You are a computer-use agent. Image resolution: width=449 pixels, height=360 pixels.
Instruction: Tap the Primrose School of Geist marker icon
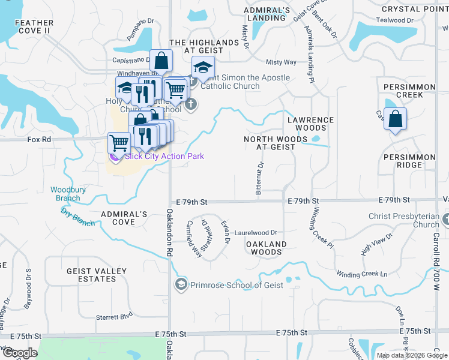(181, 284)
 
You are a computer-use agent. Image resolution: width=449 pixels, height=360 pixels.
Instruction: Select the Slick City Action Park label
(164, 156)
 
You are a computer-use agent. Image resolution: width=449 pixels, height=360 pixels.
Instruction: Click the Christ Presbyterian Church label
(405, 220)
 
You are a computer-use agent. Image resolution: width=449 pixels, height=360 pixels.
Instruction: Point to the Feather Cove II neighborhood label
(34, 26)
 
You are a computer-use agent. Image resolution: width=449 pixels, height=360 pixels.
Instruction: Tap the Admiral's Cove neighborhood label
(124, 218)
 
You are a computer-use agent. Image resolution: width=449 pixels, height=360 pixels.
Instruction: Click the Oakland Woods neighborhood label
(267, 248)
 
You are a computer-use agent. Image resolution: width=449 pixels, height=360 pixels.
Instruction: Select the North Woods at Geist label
(269, 143)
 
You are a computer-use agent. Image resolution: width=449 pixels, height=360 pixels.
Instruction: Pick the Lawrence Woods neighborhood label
(310, 124)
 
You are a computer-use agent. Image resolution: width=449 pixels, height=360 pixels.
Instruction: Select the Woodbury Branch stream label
(64, 194)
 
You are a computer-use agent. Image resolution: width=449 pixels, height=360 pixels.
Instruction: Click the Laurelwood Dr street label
(256, 232)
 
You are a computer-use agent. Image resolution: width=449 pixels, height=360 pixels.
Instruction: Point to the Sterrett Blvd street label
(114, 316)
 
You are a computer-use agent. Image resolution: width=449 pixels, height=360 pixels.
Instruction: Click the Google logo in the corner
(19, 353)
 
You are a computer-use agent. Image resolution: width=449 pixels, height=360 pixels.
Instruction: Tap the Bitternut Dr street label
(260, 178)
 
